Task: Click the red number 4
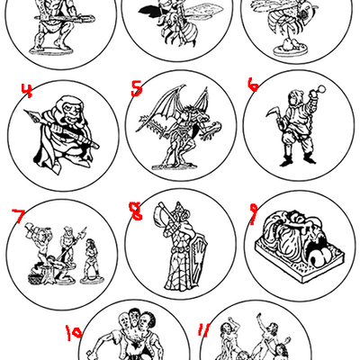pos(27,89)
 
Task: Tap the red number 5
pos(136,87)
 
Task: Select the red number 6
pos(253,84)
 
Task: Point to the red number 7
pos(17,216)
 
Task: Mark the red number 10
pos(75,333)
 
